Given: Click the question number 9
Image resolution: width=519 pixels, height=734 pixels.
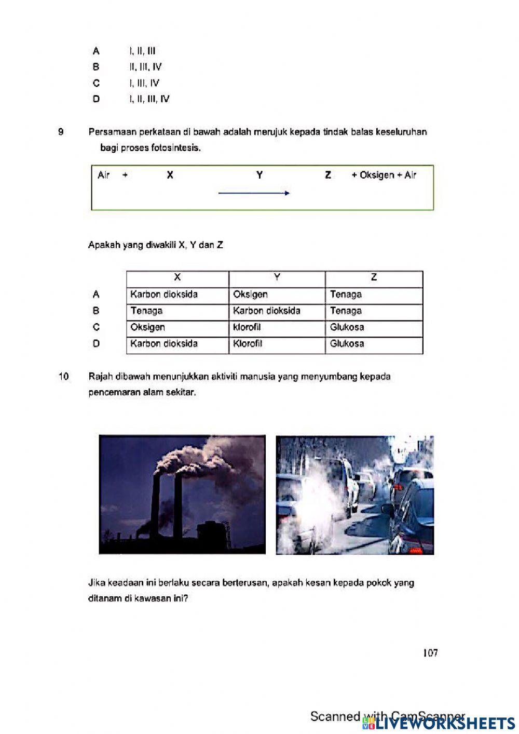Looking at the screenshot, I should [x=61, y=132].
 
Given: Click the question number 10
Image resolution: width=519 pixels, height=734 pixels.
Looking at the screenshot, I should [x=63, y=377].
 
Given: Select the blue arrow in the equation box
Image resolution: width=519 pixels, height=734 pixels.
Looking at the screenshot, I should [x=253, y=193].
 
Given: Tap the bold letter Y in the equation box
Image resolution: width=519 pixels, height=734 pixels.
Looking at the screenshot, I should [x=259, y=175].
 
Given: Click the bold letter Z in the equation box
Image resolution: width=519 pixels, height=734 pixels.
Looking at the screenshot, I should [x=327, y=175].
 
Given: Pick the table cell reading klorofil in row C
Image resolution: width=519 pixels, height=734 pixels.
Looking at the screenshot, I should [x=247, y=327].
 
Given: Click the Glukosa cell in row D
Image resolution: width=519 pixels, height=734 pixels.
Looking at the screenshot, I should [x=347, y=343].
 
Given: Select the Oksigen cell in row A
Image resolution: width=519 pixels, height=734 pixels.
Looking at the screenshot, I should [x=250, y=295].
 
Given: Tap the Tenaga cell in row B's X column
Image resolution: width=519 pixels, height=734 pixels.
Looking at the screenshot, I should [x=146, y=311].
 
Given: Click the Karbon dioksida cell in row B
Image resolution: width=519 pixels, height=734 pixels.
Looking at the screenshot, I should [x=266, y=311].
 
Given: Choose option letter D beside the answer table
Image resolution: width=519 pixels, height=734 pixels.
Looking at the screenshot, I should [x=96, y=343].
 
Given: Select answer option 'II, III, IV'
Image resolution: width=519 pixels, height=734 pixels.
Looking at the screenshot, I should [x=145, y=67].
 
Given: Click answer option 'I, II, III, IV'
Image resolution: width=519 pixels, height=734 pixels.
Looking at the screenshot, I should [x=149, y=99].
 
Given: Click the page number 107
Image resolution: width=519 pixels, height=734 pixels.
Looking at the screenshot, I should [x=430, y=653].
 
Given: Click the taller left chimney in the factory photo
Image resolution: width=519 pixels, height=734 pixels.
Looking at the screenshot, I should [x=155, y=504].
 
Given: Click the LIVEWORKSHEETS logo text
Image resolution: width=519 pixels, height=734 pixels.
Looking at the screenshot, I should [x=444, y=723].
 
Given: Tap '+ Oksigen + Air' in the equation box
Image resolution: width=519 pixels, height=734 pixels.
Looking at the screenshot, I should [x=384, y=175].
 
